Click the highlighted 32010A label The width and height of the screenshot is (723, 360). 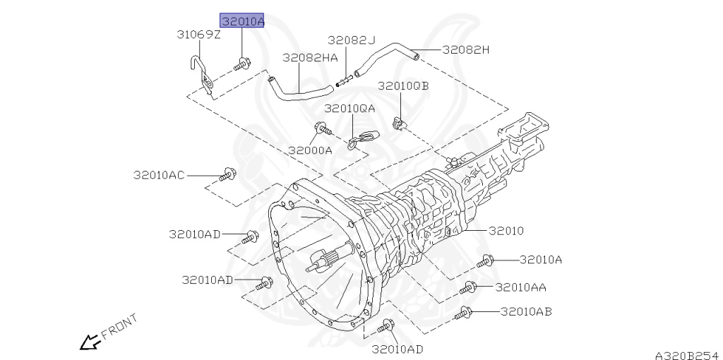pyautogui.click(x=242, y=20)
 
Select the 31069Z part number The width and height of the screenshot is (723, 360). pyautogui.click(x=198, y=35)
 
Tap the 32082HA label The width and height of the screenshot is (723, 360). pyautogui.click(x=310, y=58)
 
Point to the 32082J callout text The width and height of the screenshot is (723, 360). pyautogui.click(x=352, y=40)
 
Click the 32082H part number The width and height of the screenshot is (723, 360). pyautogui.click(x=466, y=50)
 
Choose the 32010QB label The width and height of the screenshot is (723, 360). pyautogui.click(x=403, y=86)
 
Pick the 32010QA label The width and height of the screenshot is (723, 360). pyautogui.click(x=349, y=109)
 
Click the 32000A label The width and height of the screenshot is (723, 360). pyautogui.click(x=311, y=150)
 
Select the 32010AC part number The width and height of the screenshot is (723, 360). pyautogui.click(x=159, y=175)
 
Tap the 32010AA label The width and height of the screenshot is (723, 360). pyautogui.click(x=521, y=287)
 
